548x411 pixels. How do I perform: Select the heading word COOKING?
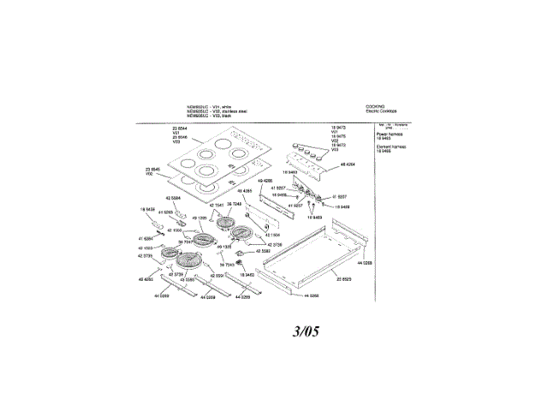click(x=374, y=104)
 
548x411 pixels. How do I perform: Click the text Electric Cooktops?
click(x=383, y=110)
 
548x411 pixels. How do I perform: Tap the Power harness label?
click(x=390, y=134)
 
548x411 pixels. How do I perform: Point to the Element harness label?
click(x=391, y=146)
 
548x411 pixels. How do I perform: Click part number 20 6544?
click(x=179, y=128)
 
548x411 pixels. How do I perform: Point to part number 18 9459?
click(x=146, y=209)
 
